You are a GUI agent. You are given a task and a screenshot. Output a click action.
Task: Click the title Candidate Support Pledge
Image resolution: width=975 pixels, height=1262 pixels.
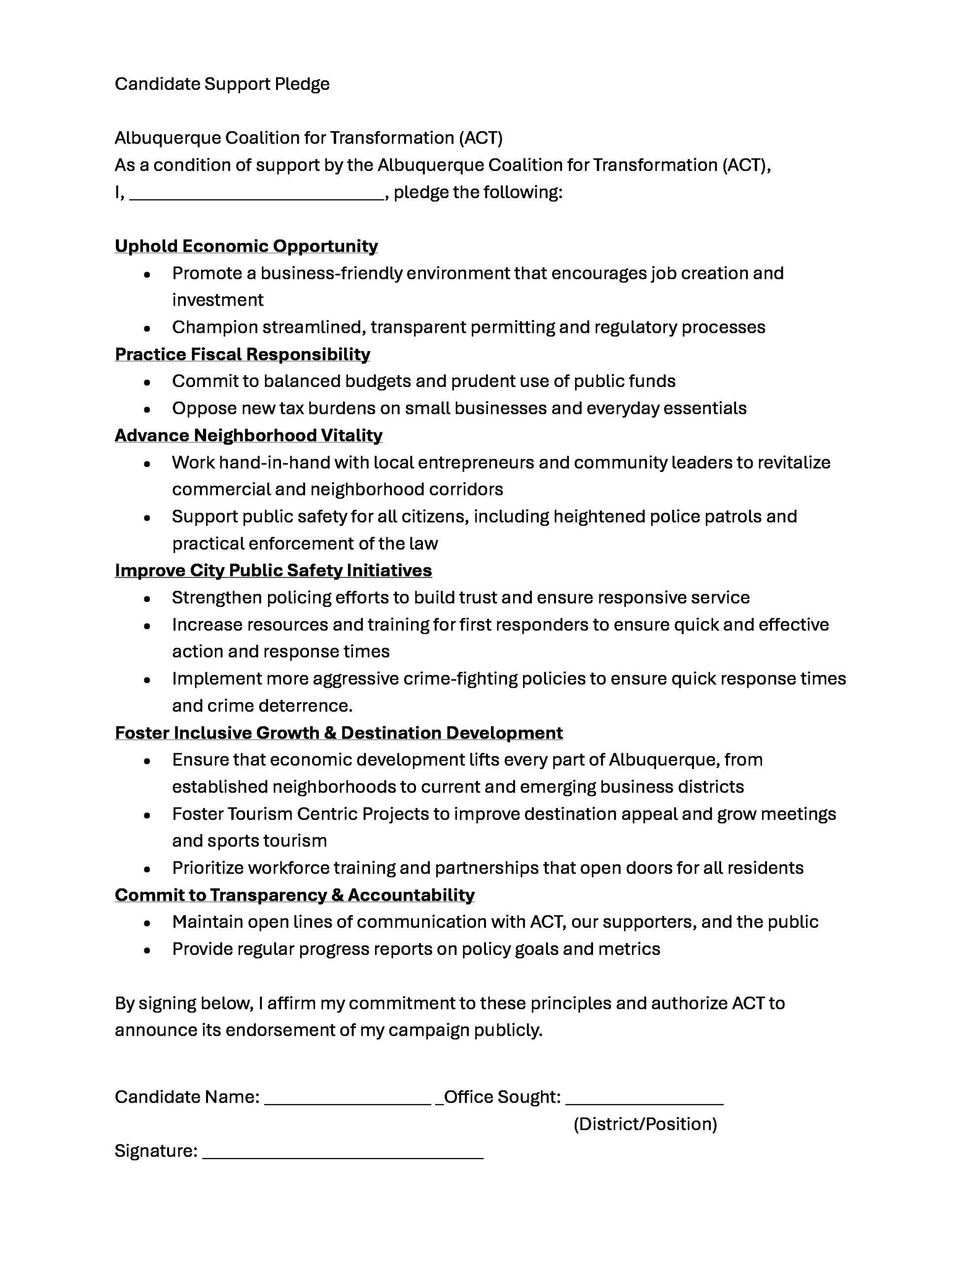(x=222, y=84)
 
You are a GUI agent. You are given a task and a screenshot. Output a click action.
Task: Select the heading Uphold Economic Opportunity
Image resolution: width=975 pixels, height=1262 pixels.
(x=246, y=246)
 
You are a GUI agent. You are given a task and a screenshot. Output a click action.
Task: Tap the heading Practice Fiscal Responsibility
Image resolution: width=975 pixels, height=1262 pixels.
(x=242, y=354)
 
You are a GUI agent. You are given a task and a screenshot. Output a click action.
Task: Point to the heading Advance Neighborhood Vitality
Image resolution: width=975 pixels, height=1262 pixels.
(x=248, y=435)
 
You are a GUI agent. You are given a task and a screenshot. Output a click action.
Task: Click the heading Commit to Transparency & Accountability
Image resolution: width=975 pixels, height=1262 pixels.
(x=295, y=895)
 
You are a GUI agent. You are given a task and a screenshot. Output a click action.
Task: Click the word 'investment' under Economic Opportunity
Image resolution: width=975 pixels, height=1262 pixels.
(x=217, y=301)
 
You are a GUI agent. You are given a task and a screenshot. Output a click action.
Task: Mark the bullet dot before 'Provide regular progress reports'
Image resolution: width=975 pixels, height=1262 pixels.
(x=147, y=950)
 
